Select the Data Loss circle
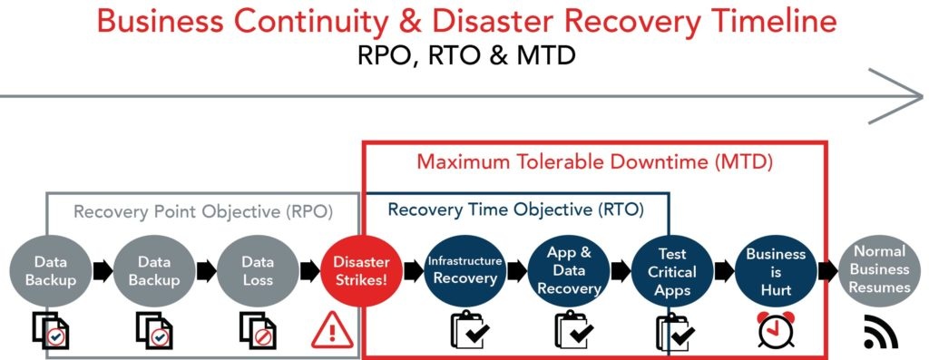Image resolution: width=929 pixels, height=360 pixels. [x=258, y=270]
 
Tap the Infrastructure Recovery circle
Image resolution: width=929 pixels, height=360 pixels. [x=464, y=270]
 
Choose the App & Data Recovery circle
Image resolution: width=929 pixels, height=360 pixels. [x=569, y=270]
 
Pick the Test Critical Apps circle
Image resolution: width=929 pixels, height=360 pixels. [x=672, y=270]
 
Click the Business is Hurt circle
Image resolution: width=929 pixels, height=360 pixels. [x=776, y=270]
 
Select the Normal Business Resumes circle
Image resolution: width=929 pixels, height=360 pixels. [x=878, y=270]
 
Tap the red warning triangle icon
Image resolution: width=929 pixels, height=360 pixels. [x=332, y=330]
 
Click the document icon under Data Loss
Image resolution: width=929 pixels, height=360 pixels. [x=258, y=330]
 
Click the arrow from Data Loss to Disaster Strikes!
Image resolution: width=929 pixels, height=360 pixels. [x=310, y=270]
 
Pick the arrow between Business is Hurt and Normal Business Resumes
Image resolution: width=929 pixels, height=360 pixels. [x=827, y=270]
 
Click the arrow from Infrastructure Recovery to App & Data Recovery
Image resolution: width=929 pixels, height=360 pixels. [x=516, y=270]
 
